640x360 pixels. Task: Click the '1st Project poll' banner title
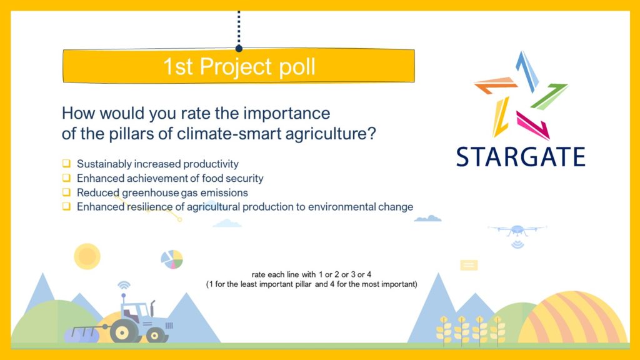239,66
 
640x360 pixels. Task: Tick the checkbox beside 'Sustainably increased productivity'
66,163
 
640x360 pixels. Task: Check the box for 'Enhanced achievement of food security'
66,177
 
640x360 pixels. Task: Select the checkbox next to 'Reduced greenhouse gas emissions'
66,192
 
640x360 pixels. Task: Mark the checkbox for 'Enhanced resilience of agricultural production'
66,206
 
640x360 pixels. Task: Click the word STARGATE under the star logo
521,157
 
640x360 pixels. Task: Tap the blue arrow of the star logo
527,71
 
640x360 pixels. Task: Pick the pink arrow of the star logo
533,125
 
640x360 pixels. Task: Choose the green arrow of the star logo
549,96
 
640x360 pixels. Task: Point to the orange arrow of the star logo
495,84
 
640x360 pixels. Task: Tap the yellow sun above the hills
87,256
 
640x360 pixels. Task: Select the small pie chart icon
172,259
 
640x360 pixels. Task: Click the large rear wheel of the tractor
122,332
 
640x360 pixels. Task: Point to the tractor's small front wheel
155,336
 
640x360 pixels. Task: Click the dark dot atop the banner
239,49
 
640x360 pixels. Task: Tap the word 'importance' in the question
286,114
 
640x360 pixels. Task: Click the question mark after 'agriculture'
371,133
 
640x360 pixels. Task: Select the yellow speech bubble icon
469,265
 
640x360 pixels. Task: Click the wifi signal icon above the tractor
124,285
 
